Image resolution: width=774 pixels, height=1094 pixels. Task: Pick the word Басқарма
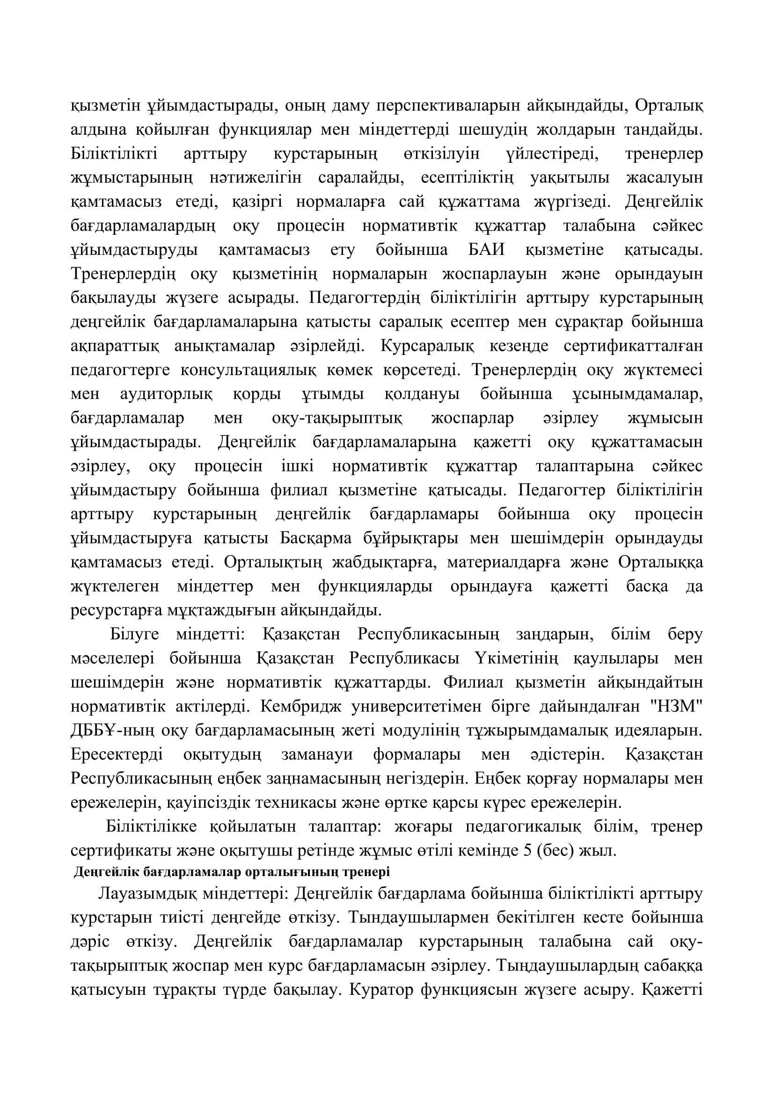(x=315, y=538)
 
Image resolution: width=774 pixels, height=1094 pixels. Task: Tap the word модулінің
(x=420, y=731)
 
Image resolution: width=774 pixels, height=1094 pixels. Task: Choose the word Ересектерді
(x=117, y=755)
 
